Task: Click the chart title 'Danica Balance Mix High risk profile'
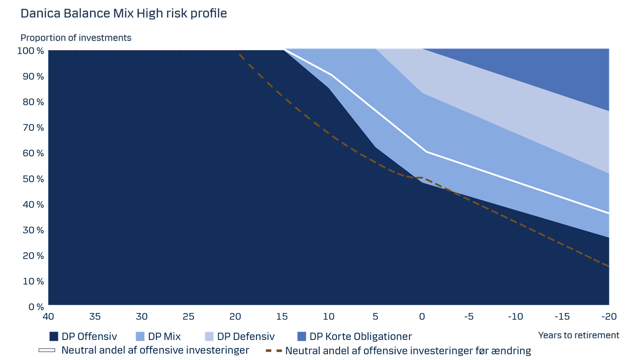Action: [x=124, y=13]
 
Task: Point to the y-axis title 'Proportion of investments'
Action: [x=76, y=38]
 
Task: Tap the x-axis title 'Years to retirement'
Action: [x=579, y=335]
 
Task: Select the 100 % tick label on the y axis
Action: [x=31, y=51]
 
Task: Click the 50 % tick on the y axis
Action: [x=33, y=179]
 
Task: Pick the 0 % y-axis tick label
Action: [x=36, y=307]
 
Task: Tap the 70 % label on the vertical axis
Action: [x=33, y=128]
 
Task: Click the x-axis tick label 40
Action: [x=48, y=316]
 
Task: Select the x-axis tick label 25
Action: [x=188, y=316]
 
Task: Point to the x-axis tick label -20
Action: [x=609, y=316]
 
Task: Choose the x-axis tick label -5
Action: [x=469, y=316]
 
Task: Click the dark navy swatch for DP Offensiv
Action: [x=54, y=336]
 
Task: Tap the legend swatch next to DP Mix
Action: [x=140, y=336]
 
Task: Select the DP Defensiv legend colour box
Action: [x=209, y=336]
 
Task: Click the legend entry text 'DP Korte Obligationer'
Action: [x=360, y=336]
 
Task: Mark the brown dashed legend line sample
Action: [x=274, y=351]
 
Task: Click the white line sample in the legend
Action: [x=47, y=350]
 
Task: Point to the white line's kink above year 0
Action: [x=426, y=152]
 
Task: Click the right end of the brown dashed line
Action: [x=609, y=266]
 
